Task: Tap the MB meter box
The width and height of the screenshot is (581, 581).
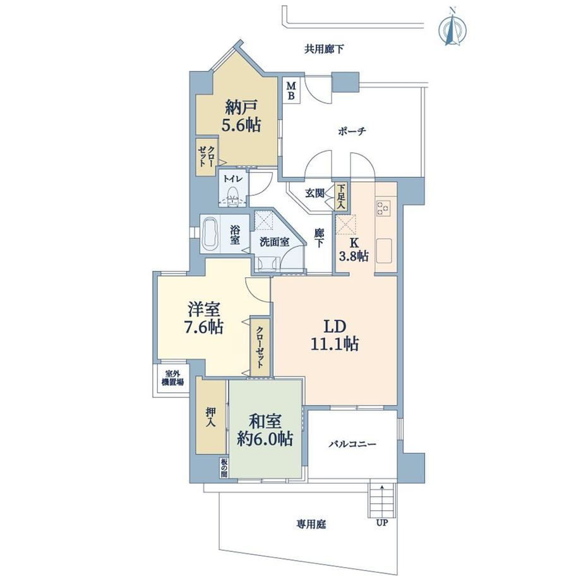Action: point(292,91)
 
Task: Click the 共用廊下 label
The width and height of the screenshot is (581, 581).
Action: point(324,49)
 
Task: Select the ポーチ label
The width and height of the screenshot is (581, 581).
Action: point(352,131)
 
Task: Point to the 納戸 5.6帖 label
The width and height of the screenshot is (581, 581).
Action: point(241,117)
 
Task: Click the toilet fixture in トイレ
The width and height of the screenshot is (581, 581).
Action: point(232,196)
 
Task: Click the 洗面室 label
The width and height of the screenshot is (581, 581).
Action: point(274,242)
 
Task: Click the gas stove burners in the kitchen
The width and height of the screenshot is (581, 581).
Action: point(384,208)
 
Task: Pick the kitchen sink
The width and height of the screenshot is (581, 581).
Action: point(384,251)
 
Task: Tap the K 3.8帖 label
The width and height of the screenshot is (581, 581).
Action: point(354,249)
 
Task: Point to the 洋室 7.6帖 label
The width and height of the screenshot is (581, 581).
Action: point(205,318)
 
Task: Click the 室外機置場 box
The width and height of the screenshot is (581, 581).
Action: point(172,381)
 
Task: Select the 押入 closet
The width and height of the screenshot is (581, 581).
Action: point(211,416)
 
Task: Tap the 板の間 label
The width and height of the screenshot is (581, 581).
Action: point(224,468)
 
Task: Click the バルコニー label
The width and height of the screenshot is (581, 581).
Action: point(352,443)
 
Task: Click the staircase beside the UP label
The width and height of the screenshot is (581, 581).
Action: point(381,501)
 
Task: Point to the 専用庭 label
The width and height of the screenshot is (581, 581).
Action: point(311,524)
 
